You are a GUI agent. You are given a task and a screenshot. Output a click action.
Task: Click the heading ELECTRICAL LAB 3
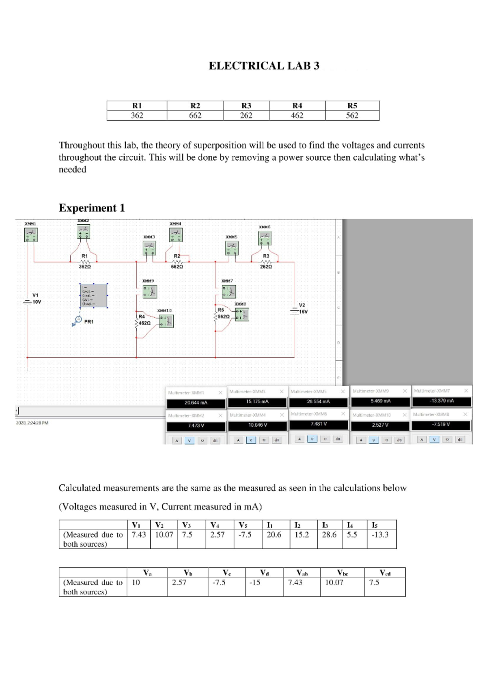coord(264,66)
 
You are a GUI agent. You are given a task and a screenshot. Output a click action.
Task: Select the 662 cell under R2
coord(195,116)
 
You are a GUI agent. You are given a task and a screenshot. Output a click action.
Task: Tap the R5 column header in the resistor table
coord(352,105)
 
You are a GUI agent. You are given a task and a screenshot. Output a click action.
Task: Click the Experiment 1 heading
coord(92,208)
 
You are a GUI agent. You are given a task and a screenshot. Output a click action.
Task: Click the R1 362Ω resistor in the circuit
coord(84,262)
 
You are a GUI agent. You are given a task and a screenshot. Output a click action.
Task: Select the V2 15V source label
coord(303,308)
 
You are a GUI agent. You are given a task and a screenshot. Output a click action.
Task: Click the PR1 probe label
coord(88,322)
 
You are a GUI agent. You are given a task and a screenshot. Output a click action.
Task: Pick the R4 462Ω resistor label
coord(143,320)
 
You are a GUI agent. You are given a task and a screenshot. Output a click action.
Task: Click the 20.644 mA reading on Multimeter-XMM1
coord(196,403)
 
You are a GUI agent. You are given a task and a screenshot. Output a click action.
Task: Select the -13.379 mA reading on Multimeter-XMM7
coord(442,401)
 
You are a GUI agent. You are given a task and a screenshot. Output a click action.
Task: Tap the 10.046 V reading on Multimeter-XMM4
coord(258,425)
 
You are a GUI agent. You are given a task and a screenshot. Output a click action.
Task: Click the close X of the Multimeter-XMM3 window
coord(282,391)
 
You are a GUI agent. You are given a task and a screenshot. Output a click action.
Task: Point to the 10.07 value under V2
coord(164,535)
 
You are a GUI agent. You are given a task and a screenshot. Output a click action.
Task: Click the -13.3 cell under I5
coord(380,535)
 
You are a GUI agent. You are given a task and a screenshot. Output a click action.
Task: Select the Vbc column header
coord(343,573)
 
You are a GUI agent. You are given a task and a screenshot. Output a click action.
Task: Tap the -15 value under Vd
coord(255,583)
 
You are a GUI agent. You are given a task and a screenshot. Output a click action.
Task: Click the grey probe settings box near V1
coord(94,295)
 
